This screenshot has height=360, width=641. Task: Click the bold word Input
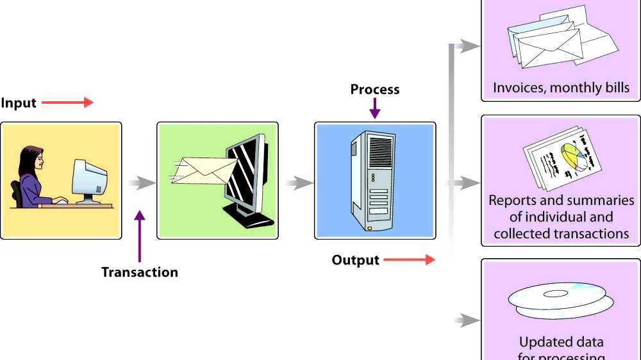pos(19,103)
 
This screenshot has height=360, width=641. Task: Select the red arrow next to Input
pos(68,102)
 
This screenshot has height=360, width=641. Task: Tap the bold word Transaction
pos(139,272)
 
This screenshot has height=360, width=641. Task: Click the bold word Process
pos(374,90)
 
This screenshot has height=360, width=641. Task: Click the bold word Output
pos(355,260)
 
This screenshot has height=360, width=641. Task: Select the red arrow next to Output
pos(410,260)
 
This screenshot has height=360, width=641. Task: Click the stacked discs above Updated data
pos(560,302)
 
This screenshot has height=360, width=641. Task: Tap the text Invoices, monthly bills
pos(561,88)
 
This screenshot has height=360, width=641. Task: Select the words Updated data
pos(561,342)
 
